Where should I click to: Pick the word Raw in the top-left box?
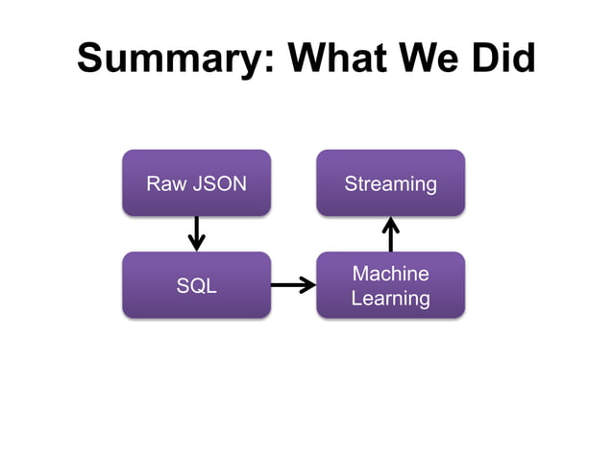(x=165, y=183)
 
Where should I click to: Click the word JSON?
(x=218, y=183)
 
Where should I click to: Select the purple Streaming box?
(x=390, y=182)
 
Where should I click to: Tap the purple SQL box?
(x=196, y=284)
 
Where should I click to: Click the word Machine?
(x=390, y=274)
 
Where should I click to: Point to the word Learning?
(x=390, y=299)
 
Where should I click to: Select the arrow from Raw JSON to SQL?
(x=196, y=232)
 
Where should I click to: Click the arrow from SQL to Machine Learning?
(x=293, y=284)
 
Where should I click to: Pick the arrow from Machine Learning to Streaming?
(x=390, y=233)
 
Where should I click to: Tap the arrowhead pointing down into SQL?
(x=196, y=244)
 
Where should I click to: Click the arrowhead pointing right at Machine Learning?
(x=308, y=284)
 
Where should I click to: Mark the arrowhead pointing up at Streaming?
(x=390, y=224)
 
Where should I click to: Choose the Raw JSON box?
(x=196, y=182)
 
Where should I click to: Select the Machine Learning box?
(x=390, y=284)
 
